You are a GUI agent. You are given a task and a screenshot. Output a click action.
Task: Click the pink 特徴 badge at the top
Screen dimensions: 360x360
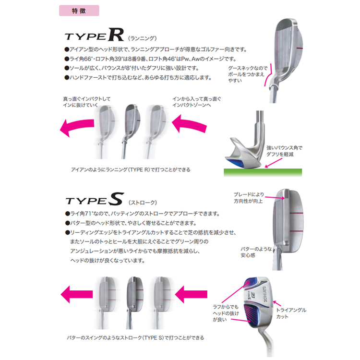(79, 11)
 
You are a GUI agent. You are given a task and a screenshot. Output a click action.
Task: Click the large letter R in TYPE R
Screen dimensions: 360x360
(116, 35)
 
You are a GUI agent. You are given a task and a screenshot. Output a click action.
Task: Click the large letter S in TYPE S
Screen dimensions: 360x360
(116, 199)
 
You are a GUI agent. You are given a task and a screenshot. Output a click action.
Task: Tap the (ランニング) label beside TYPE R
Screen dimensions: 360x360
(143, 38)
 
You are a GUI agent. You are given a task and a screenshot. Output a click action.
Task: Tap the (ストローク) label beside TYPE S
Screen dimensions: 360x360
(143, 203)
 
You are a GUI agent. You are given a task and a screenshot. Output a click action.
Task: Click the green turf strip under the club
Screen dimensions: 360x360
(263, 172)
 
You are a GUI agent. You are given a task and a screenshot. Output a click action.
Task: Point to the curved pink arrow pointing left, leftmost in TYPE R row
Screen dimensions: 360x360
(77, 127)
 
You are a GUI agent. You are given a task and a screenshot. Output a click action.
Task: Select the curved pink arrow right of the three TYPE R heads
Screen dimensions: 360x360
(189, 124)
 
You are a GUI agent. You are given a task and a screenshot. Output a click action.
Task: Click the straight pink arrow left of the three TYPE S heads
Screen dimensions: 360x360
(77, 294)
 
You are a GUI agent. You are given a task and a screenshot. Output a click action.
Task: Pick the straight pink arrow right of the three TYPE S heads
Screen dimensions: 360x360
(191, 294)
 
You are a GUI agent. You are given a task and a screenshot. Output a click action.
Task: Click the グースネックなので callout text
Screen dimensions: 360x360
(248, 68)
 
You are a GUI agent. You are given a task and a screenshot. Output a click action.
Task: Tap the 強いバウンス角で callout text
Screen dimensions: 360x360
(284, 148)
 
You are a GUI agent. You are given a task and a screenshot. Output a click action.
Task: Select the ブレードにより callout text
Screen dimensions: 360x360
(249, 194)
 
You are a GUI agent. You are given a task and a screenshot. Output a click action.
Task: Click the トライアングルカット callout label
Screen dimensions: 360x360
(291, 313)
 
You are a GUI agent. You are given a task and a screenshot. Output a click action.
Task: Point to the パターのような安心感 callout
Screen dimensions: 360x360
(256, 252)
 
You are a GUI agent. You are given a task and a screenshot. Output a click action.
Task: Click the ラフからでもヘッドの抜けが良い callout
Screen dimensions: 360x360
(226, 313)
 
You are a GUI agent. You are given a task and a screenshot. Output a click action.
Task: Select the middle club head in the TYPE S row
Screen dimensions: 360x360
(135, 302)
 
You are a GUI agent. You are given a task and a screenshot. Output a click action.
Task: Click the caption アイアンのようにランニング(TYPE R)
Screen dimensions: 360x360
(131, 169)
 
